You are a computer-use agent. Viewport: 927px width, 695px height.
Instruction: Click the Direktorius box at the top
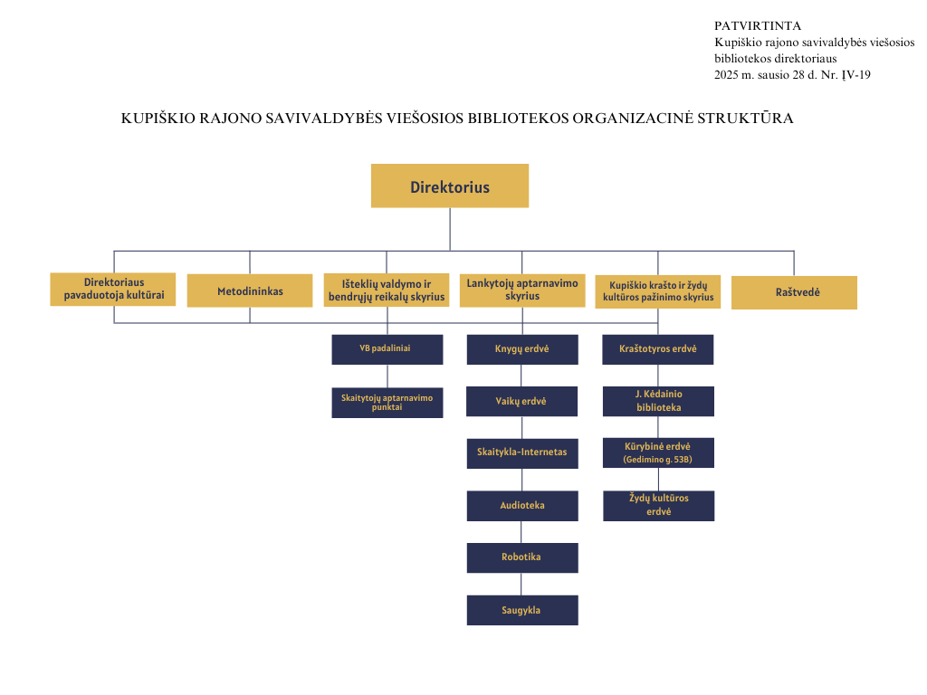[x=450, y=186]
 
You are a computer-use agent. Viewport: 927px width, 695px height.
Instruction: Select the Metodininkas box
[x=250, y=290]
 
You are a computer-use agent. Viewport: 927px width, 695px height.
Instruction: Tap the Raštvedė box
[x=794, y=292]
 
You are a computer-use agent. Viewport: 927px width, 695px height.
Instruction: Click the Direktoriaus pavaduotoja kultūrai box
[x=113, y=289]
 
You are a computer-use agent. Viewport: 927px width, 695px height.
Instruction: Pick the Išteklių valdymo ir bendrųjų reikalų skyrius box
[x=387, y=290]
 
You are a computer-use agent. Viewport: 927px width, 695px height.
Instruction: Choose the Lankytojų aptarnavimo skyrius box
[x=522, y=290]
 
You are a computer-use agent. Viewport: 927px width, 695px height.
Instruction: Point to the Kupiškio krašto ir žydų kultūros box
[x=658, y=291]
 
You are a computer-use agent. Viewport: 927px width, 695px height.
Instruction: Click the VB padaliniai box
[x=387, y=349]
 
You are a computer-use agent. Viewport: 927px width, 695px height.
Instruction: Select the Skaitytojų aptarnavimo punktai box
[x=387, y=403]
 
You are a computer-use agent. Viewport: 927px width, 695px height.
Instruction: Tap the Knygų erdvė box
[x=522, y=349]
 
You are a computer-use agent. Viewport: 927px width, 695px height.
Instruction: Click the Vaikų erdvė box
[x=522, y=401]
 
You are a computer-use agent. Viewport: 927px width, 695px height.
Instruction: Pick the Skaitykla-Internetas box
[x=522, y=453]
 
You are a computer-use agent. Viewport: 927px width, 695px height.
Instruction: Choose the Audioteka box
[x=522, y=506]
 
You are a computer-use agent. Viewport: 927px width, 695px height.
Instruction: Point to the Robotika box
[x=522, y=557]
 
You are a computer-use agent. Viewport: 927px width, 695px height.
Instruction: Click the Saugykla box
[x=522, y=610]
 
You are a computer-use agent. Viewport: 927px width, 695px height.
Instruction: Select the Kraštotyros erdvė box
[x=658, y=349]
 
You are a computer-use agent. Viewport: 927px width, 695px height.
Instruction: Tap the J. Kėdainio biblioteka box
[x=659, y=401]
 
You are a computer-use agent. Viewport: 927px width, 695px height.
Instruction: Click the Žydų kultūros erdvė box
[x=659, y=506]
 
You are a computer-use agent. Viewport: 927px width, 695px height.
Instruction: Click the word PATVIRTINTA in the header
[x=758, y=26]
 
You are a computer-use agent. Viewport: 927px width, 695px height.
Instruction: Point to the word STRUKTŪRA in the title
[x=746, y=119]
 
